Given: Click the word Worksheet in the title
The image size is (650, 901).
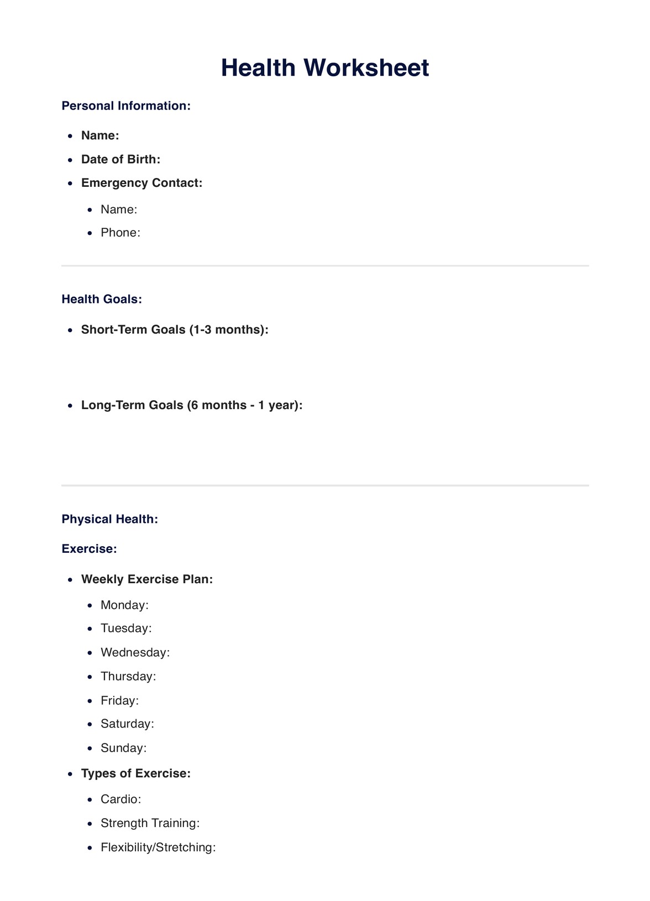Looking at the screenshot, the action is click(366, 68).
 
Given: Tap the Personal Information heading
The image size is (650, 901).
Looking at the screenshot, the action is click(126, 106).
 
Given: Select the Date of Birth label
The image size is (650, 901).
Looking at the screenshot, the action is click(120, 159).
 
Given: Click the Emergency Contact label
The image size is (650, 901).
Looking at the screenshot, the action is click(141, 183).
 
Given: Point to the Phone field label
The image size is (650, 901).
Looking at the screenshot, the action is click(120, 233).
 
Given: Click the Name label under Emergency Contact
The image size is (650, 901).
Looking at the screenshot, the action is click(119, 209).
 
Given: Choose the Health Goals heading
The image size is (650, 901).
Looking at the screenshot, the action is click(102, 299).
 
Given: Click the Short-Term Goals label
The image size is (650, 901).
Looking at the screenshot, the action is click(175, 329).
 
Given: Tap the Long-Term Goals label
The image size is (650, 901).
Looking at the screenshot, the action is click(192, 405).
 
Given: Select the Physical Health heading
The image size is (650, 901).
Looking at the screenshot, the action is click(110, 519).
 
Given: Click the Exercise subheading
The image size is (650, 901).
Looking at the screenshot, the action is click(89, 549).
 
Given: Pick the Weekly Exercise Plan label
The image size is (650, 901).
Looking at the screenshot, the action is click(147, 579).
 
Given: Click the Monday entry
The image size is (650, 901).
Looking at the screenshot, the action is click(124, 605).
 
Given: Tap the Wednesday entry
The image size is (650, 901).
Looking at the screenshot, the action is click(135, 653).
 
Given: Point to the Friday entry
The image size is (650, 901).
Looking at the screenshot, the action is click(119, 700).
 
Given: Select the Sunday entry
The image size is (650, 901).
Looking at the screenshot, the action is click(123, 748).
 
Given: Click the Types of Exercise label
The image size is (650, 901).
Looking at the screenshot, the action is click(136, 773).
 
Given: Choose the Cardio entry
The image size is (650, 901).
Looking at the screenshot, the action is click(120, 799).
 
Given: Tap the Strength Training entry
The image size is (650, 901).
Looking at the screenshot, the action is click(150, 823).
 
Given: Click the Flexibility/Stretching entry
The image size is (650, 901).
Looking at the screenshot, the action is click(158, 847).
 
